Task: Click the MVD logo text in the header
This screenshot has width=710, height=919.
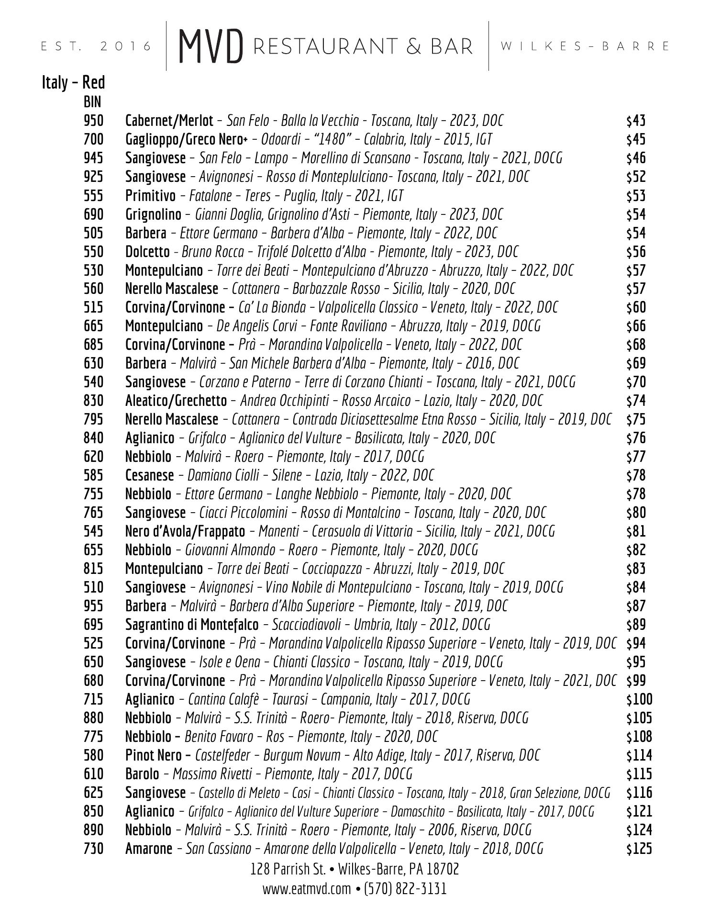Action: (211, 47)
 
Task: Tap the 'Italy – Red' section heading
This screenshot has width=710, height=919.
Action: (73, 83)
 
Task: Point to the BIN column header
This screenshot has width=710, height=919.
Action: (92, 102)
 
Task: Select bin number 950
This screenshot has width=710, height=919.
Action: (93, 121)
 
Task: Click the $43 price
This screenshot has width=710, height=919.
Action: (636, 121)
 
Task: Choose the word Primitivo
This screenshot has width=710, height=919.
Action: (150, 196)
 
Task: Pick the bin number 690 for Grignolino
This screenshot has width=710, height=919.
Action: (93, 214)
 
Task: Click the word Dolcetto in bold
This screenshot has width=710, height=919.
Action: (147, 252)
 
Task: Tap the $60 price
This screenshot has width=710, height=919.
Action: (636, 307)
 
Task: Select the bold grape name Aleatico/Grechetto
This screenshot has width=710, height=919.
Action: (176, 401)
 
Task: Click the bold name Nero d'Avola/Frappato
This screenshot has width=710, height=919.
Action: (185, 531)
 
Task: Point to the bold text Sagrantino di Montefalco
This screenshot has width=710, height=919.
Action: (191, 625)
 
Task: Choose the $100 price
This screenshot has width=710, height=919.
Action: (639, 699)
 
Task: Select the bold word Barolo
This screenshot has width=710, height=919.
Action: (142, 774)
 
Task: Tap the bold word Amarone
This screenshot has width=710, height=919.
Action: (148, 849)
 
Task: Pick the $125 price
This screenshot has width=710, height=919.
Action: (639, 849)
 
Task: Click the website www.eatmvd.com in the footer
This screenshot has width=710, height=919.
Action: (306, 889)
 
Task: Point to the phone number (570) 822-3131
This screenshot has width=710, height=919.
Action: (405, 889)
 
